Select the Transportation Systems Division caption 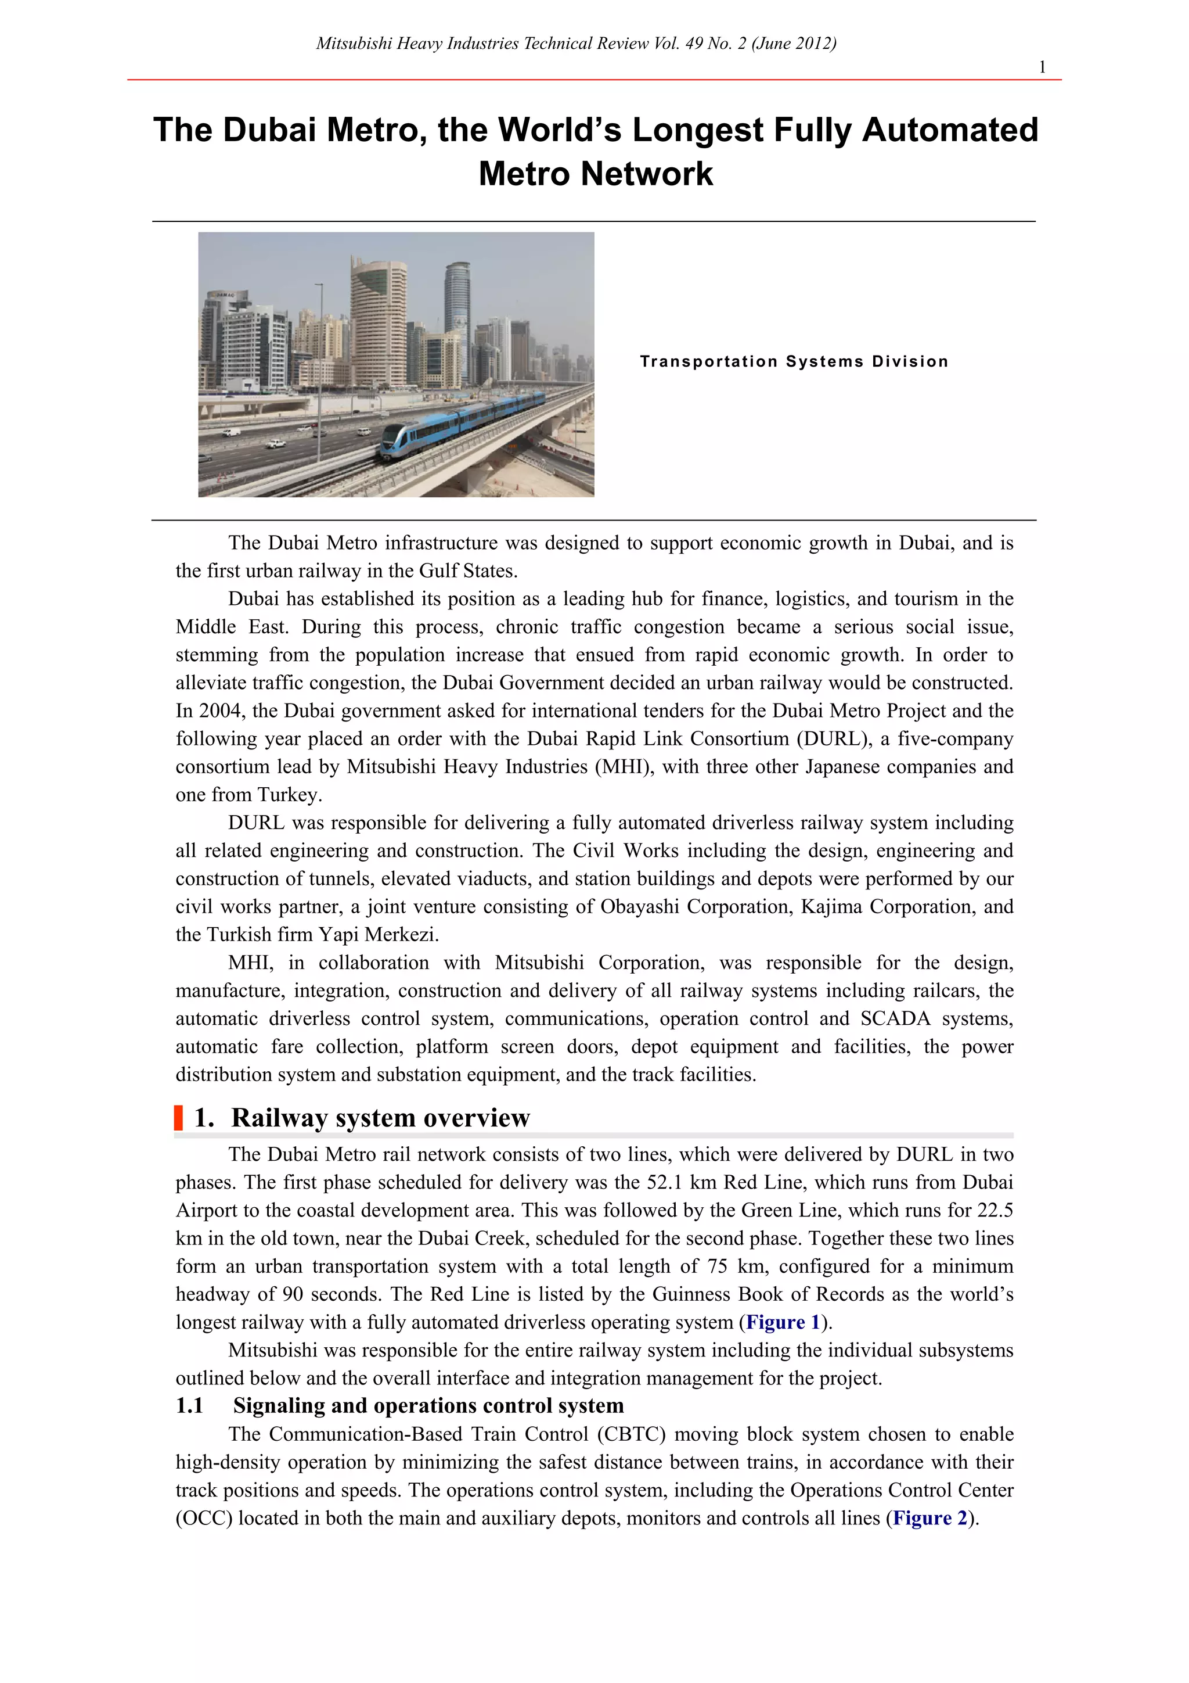794,361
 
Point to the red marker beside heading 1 178,1118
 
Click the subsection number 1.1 189,1406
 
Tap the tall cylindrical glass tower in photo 456,308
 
